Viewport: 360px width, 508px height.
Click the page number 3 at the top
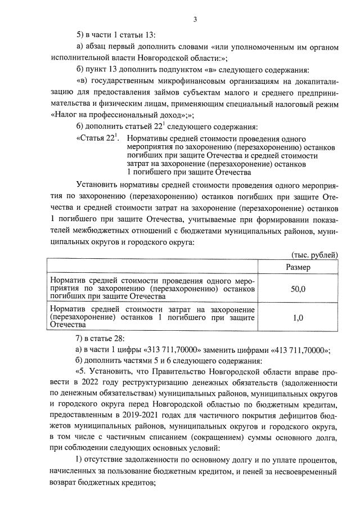coord(195,20)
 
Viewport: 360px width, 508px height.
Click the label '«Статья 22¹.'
coord(97,138)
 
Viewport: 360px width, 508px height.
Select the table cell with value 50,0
coord(298,288)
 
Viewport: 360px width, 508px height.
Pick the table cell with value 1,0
coord(298,317)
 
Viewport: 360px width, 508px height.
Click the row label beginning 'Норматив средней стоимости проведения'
coord(152,288)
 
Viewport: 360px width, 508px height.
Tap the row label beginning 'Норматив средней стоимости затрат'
coord(152,317)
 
